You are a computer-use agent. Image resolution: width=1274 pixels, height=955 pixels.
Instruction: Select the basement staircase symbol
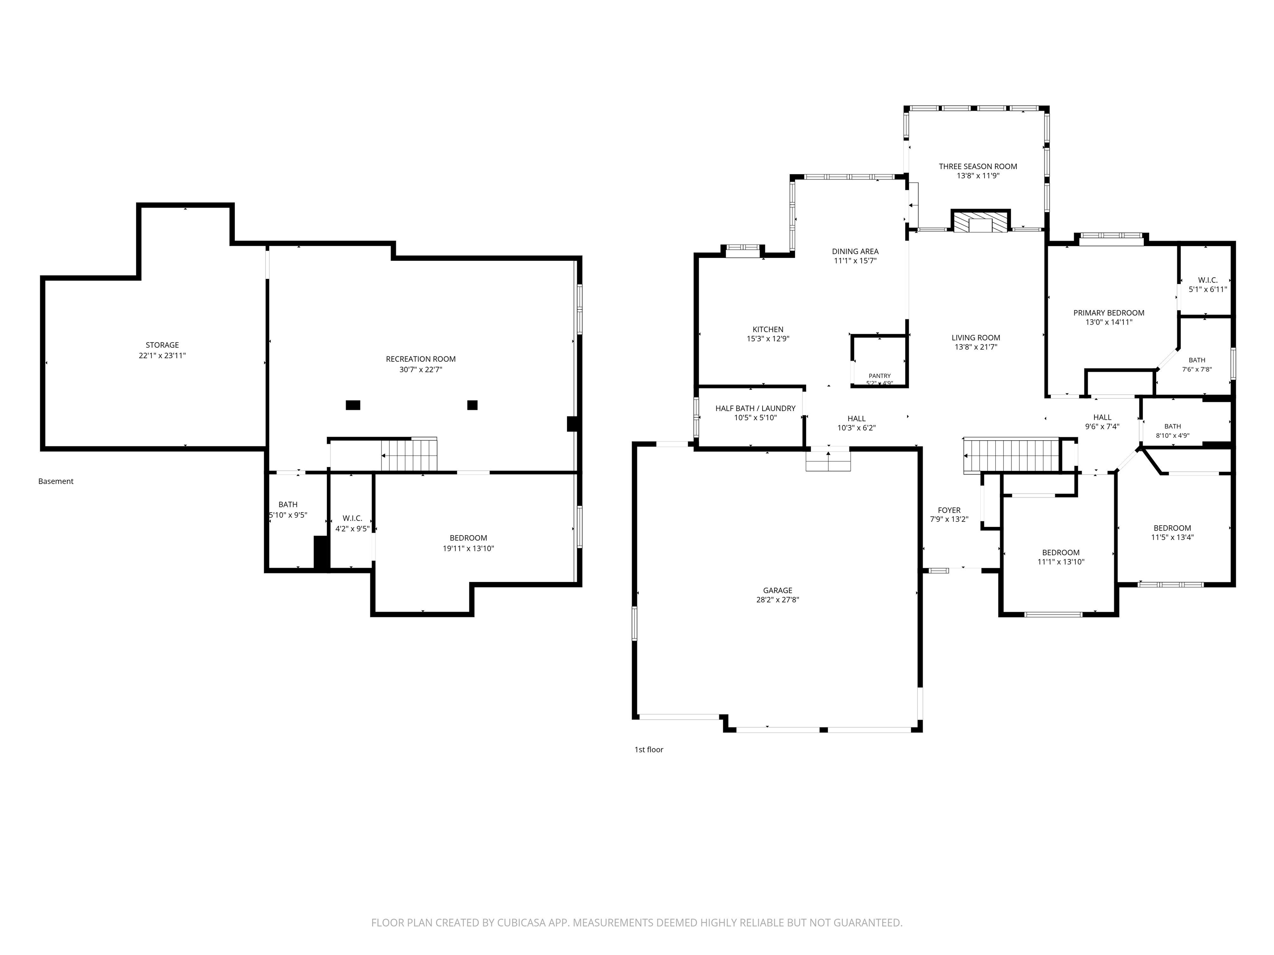coord(409,454)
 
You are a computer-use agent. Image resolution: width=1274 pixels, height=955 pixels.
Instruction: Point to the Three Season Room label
coord(978,166)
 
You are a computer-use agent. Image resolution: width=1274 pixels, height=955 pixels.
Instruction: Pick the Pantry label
coord(880,376)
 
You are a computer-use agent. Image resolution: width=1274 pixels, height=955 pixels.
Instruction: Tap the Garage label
coord(778,590)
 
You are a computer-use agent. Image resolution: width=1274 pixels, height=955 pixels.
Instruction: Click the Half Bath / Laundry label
coord(755,408)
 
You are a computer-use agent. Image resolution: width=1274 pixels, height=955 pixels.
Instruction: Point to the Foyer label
coord(949,510)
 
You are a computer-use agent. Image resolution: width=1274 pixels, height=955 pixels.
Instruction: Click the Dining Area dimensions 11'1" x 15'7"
coord(855,261)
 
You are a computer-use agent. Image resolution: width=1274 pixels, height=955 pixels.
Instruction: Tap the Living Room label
coord(976,338)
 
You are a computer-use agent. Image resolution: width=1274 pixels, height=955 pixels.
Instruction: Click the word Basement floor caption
coord(56,481)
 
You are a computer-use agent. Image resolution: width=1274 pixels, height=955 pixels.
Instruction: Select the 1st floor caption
coord(649,749)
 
